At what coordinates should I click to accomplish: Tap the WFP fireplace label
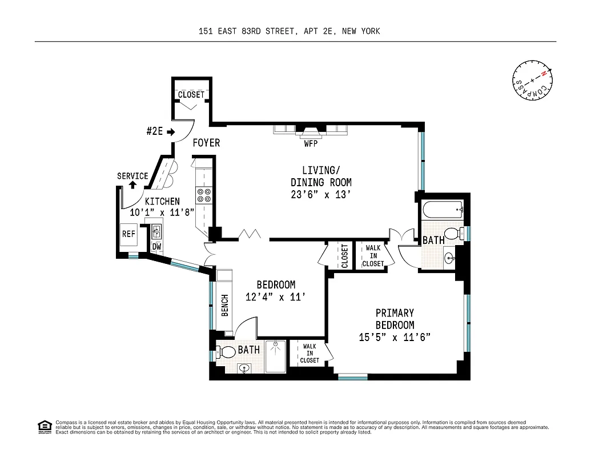click(x=310, y=144)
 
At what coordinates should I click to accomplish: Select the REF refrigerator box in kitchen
click(x=128, y=234)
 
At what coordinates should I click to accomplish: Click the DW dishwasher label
click(x=156, y=247)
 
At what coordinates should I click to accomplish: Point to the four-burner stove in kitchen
click(x=204, y=196)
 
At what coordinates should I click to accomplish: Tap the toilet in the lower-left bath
click(x=227, y=351)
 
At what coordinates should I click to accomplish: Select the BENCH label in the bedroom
click(x=224, y=306)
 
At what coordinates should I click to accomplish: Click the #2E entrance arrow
click(x=170, y=131)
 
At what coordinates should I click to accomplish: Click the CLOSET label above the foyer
click(x=191, y=95)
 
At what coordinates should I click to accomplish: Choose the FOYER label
click(x=206, y=143)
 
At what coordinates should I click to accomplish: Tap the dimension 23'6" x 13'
click(x=319, y=194)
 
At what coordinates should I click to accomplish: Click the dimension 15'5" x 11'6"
click(x=394, y=337)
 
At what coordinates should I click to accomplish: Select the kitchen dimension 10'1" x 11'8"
click(x=162, y=211)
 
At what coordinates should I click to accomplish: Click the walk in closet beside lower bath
click(x=309, y=353)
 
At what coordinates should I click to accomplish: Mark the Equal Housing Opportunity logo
click(x=43, y=426)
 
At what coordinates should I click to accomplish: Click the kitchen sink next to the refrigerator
click(x=155, y=231)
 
